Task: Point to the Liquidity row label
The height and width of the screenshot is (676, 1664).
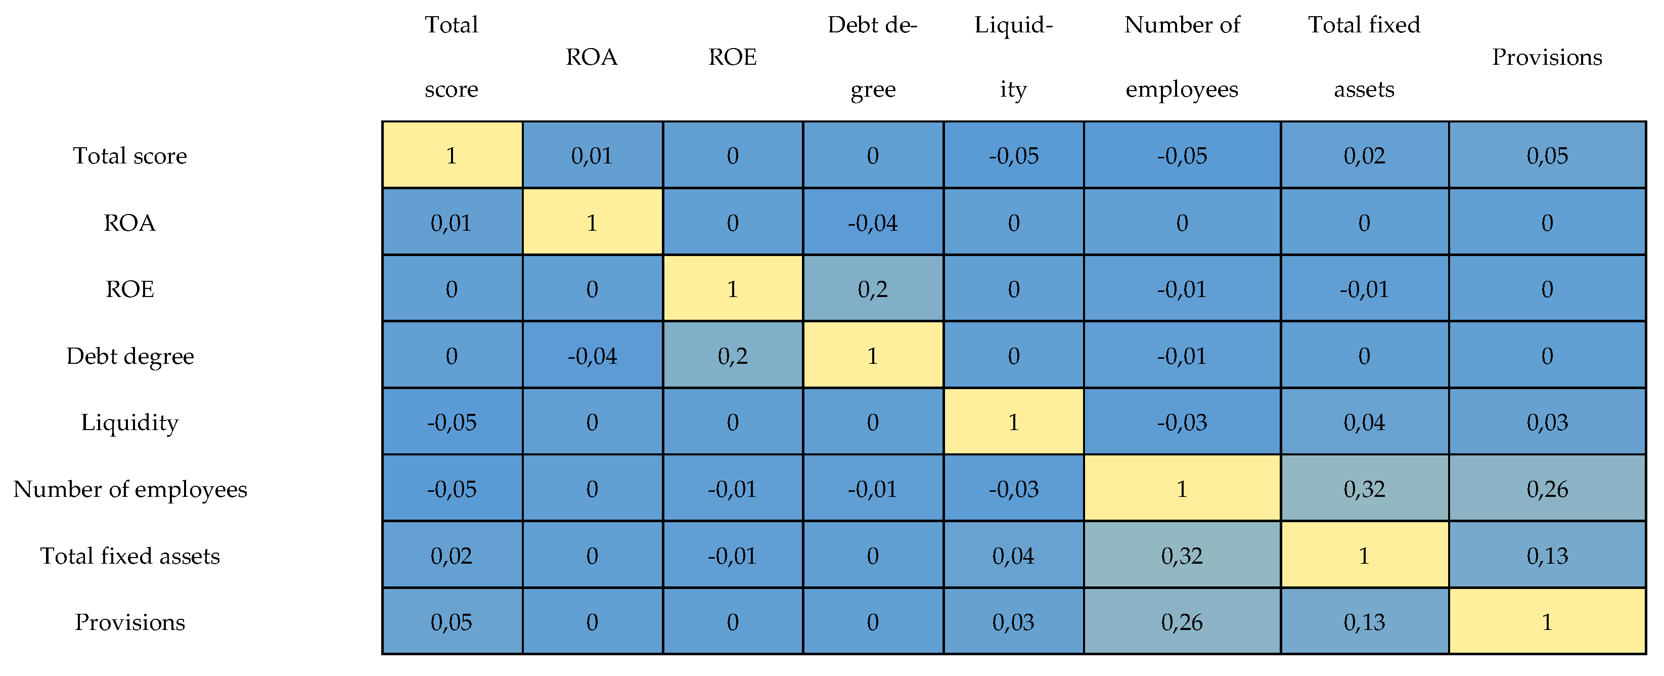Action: click(130, 422)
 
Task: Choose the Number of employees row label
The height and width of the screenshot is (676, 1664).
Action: click(130, 489)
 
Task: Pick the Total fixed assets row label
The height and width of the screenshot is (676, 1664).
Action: click(130, 555)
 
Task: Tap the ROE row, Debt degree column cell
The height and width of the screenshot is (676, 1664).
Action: click(873, 289)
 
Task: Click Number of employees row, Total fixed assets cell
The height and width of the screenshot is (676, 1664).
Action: click(1364, 489)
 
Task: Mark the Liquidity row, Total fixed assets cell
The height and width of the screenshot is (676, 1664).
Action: click(1364, 422)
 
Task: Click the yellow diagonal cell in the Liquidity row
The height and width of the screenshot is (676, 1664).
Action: click(1013, 422)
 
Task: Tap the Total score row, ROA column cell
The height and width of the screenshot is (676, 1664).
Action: click(592, 155)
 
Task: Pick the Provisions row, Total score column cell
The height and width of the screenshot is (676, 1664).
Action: click(452, 622)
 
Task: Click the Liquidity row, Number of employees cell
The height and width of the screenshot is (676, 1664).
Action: click(1182, 422)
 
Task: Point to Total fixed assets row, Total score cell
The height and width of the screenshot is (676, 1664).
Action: click(452, 555)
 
